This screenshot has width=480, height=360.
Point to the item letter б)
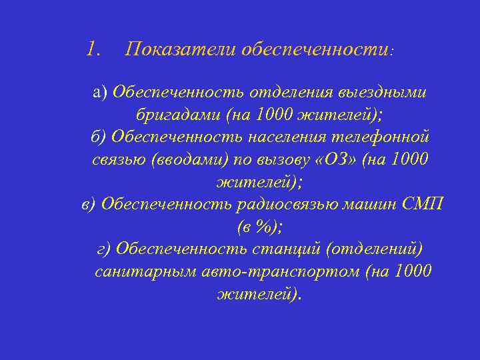click(97, 137)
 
